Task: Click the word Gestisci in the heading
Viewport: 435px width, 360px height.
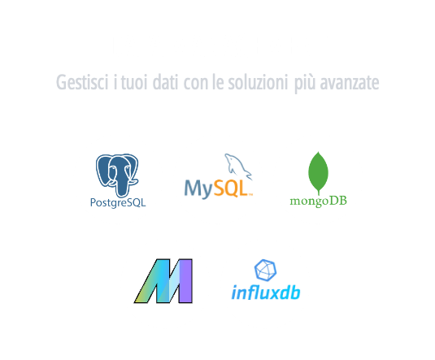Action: [x=82, y=82]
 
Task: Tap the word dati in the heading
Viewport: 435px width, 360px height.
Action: [x=165, y=82]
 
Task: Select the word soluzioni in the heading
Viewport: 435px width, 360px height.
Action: [x=258, y=82]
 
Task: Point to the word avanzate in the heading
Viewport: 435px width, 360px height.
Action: [x=350, y=83]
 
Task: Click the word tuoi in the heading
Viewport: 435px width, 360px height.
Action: [x=133, y=83]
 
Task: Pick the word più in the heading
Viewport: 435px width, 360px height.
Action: [x=305, y=84]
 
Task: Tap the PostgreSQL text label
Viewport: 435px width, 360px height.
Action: [x=118, y=202]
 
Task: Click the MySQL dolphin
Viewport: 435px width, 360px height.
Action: [x=238, y=167]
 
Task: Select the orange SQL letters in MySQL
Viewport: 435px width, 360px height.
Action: [x=231, y=189]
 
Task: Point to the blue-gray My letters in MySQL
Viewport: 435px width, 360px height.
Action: [x=199, y=189]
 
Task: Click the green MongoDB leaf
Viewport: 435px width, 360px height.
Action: [x=318, y=172]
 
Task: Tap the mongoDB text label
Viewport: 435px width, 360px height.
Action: [x=318, y=201]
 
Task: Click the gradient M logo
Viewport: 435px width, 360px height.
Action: [x=163, y=281]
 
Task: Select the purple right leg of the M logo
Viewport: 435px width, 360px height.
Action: [x=185, y=281]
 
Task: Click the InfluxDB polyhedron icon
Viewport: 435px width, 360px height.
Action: [x=266, y=270]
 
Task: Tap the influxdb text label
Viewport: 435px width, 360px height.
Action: [x=266, y=293]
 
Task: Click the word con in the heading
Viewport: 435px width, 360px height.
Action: [x=196, y=83]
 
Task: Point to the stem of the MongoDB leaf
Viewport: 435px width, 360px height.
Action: [x=319, y=193]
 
